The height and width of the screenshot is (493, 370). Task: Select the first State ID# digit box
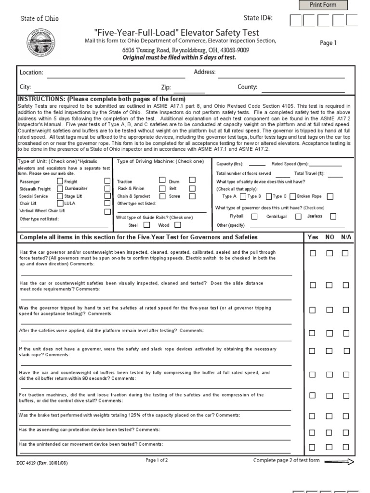(296, 20)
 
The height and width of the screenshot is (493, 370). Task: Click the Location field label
(31, 73)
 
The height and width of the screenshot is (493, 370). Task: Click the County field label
(247, 88)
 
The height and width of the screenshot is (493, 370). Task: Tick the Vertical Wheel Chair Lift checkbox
(107, 211)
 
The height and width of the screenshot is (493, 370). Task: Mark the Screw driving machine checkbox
(192, 196)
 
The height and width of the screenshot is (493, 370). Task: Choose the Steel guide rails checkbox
(146, 224)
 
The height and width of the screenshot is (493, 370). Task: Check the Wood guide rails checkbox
(177, 224)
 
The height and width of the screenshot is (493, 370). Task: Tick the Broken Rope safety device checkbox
(330, 196)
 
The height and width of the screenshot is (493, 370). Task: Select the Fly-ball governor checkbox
(253, 217)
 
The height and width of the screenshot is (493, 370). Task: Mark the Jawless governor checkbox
(333, 217)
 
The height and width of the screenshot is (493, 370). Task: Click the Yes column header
(313, 237)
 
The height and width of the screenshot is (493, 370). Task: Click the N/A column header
(346, 237)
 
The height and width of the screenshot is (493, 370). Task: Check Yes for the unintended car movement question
(313, 447)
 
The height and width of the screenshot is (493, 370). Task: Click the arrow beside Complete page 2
(339, 461)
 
